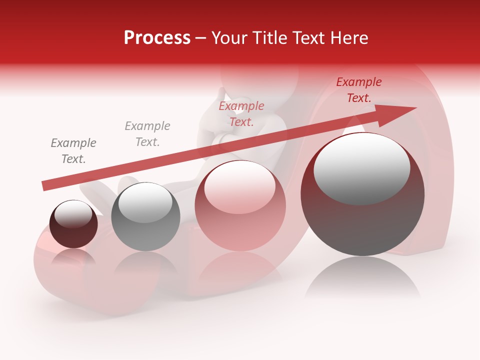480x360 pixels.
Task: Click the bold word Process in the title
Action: (157, 37)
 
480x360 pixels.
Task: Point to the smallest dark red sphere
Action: (73, 224)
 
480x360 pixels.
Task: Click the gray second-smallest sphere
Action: (145, 216)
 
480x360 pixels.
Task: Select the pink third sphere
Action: (240, 205)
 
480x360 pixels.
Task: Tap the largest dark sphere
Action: (362, 194)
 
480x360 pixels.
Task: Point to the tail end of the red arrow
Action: (44, 186)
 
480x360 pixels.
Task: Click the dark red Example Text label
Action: (359, 90)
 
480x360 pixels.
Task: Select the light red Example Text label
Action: (241, 113)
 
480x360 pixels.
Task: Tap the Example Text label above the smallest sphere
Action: (73, 151)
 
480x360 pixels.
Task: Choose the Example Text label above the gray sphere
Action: (147, 133)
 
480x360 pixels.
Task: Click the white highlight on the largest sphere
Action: (361, 167)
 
